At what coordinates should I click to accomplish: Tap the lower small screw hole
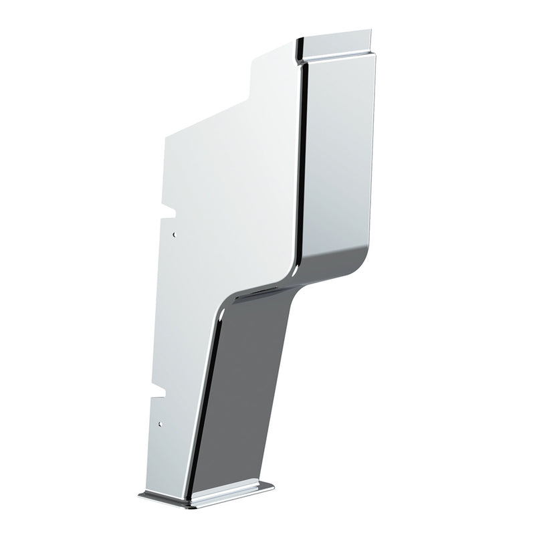click(159, 424)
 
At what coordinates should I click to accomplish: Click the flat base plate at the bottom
click(207, 495)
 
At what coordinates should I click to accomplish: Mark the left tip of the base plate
click(140, 496)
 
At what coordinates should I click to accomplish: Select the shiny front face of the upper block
click(338, 160)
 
